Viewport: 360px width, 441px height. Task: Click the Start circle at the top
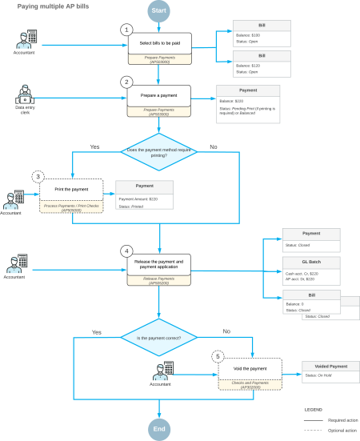pos(159,10)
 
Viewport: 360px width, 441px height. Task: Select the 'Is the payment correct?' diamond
pos(159,337)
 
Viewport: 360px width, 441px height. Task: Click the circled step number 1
pos(126,29)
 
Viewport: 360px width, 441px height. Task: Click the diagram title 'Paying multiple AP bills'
pos(54,5)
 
